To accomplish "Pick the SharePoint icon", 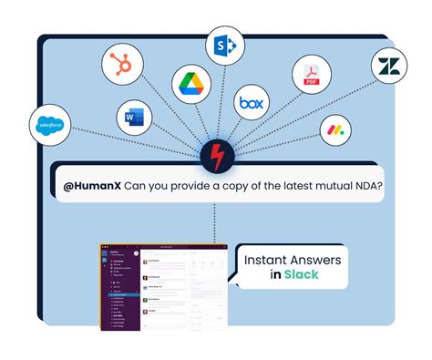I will [x=225, y=44].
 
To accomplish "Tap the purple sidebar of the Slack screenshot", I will [x=118, y=292].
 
